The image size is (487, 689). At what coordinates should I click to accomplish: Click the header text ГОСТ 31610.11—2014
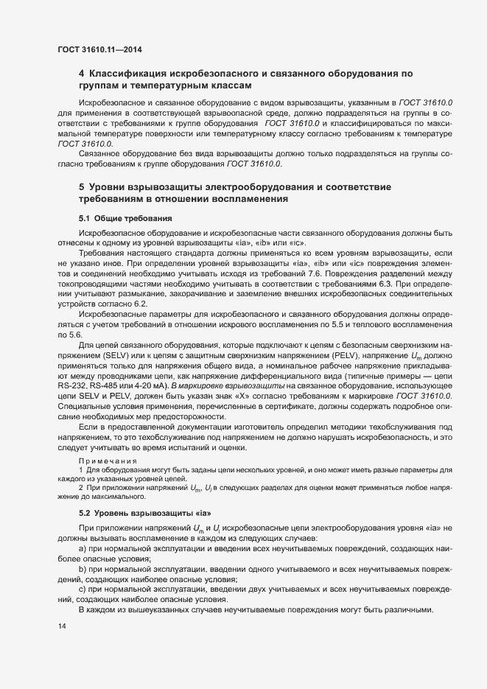coord(99,49)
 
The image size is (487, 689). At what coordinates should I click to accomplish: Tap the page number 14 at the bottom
coord(61,626)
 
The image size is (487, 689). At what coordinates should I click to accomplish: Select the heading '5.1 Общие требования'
coord(125,219)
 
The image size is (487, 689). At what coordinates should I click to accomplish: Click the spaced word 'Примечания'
coord(107,460)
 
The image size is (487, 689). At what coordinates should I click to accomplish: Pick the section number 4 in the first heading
coord(81,74)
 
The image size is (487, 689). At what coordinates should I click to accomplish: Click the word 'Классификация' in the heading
coord(130,74)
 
